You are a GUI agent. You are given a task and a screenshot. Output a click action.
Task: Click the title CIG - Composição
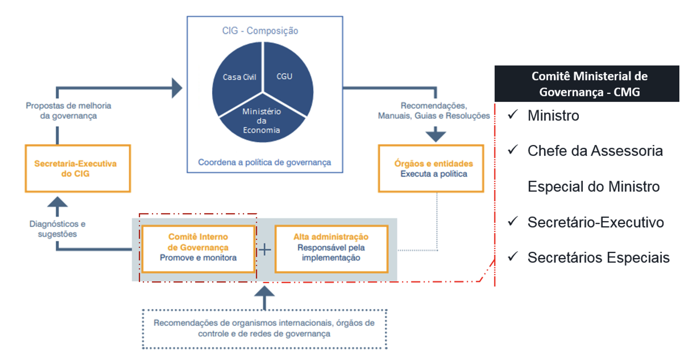click(x=260, y=31)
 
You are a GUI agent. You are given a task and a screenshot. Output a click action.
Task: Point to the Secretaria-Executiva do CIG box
click(x=78, y=169)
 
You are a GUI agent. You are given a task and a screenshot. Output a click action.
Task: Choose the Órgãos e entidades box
click(x=431, y=169)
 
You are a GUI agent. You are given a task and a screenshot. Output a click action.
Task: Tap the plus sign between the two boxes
click(x=265, y=250)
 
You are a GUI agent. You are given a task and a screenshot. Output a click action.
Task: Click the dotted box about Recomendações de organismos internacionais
click(x=264, y=328)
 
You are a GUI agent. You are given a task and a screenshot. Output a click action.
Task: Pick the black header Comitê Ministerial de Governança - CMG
click(x=587, y=84)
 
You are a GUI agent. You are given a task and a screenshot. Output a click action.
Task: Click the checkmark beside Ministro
click(x=513, y=115)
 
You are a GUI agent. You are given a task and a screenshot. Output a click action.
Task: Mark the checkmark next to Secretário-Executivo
click(x=513, y=221)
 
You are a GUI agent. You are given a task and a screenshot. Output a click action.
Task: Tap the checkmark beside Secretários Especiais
click(x=513, y=256)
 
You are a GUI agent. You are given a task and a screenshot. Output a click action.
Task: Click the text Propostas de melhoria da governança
click(x=68, y=111)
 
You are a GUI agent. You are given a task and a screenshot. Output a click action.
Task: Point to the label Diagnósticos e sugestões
click(x=58, y=229)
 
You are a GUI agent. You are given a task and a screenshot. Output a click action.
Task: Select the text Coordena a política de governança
click(x=264, y=162)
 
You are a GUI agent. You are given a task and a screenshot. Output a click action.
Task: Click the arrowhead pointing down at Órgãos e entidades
click(x=436, y=135)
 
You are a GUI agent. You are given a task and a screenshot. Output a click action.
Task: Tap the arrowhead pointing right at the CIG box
click(x=177, y=88)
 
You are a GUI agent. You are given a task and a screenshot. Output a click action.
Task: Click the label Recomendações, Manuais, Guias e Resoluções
click(x=434, y=111)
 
